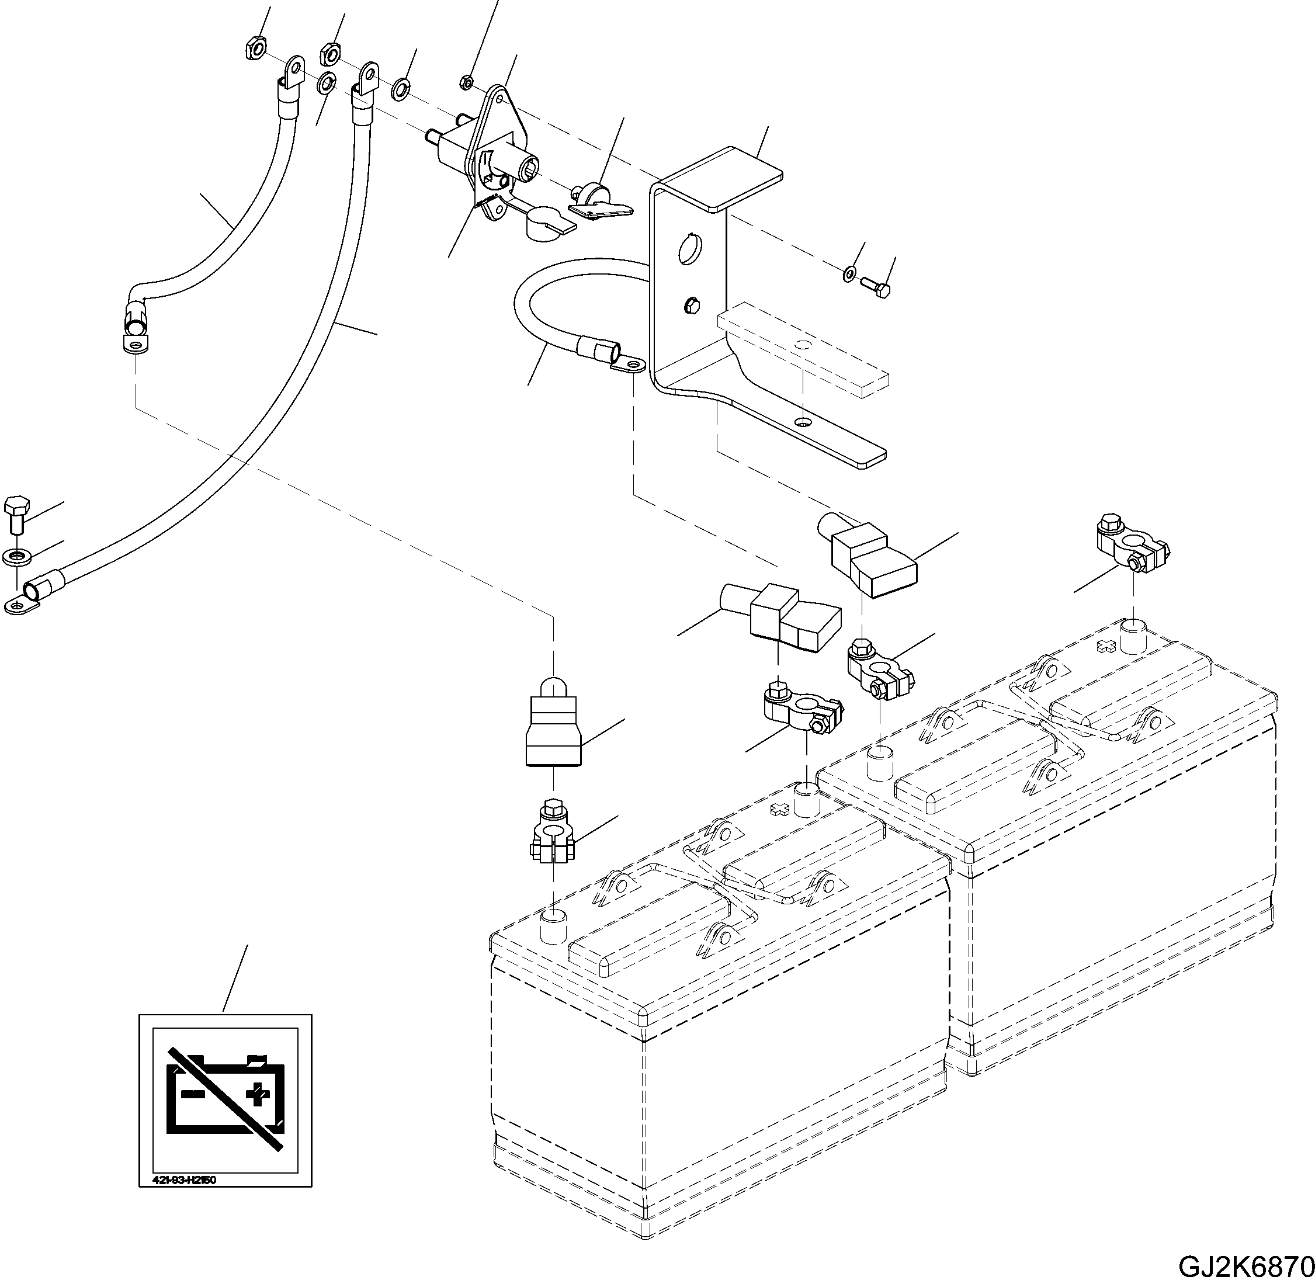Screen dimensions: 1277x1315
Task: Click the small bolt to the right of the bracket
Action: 876,290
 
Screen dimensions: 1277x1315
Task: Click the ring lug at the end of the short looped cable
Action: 629,365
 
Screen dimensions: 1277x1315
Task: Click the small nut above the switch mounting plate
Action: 466,82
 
